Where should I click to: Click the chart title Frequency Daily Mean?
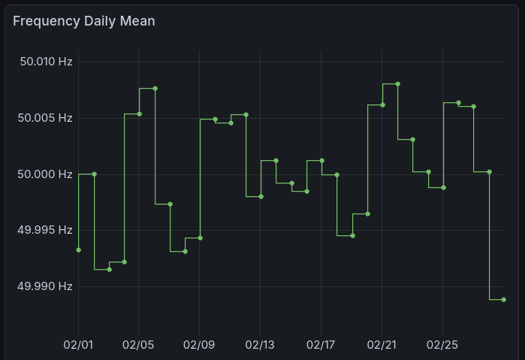(x=84, y=21)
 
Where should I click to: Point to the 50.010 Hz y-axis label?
(x=45, y=62)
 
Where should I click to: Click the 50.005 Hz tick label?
(x=45, y=118)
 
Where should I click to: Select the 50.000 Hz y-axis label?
(x=45, y=174)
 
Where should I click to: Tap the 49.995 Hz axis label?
(x=45, y=230)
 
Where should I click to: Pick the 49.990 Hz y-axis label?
(x=45, y=286)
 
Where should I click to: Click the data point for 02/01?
(x=78, y=250)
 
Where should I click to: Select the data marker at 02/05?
(x=139, y=113)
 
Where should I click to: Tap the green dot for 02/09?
(x=200, y=237)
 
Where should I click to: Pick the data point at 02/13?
(x=261, y=196)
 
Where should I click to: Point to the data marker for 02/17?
(x=321, y=160)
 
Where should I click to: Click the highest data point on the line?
(x=397, y=83)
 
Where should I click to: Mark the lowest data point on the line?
(x=503, y=299)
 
